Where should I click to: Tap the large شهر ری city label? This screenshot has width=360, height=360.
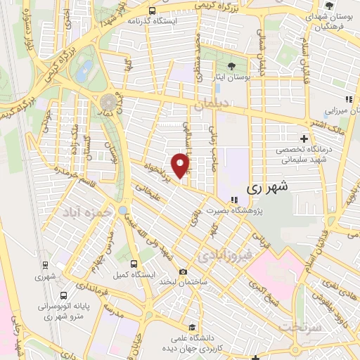(269, 189)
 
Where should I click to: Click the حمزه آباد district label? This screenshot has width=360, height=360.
(88, 211)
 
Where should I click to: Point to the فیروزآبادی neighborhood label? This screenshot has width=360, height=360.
(224, 254)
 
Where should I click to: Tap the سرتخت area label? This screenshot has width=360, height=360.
(300, 328)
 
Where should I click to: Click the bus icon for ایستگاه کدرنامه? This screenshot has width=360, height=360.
(153, 10)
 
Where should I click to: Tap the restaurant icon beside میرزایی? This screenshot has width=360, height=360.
(348, 98)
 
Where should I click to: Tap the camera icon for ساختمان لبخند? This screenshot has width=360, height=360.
(184, 271)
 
